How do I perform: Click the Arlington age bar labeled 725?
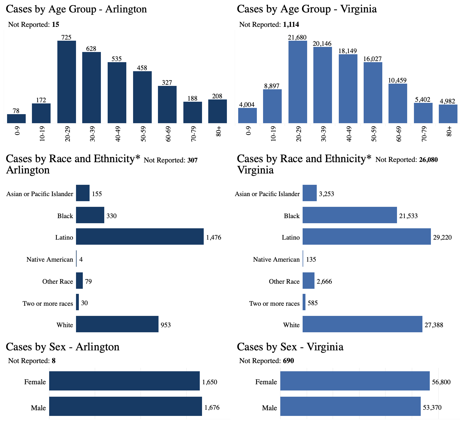click(67, 82)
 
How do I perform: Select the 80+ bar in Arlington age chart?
click(218, 111)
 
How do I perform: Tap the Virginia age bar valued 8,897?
click(272, 106)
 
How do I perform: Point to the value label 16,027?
click(372, 59)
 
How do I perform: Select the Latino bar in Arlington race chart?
click(140, 236)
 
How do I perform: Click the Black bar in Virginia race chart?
click(350, 215)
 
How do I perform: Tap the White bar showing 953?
click(117, 324)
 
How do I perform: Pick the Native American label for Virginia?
click(276, 260)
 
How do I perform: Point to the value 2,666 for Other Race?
click(324, 282)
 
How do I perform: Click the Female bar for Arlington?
click(124, 381)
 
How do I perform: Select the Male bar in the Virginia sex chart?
click(350, 406)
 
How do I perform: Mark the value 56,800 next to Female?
click(441, 382)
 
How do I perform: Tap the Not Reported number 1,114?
click(291, 25)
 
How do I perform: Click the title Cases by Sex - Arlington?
click(63, 347)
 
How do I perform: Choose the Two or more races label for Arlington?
click(48, 304)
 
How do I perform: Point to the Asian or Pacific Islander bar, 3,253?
click(310, 193)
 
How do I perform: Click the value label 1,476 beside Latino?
click(214, 238)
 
